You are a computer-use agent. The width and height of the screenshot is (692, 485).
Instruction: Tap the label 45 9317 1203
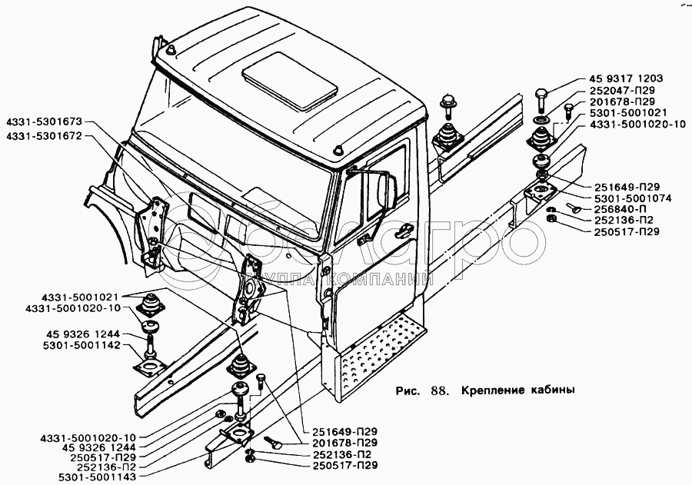coord(626,79)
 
